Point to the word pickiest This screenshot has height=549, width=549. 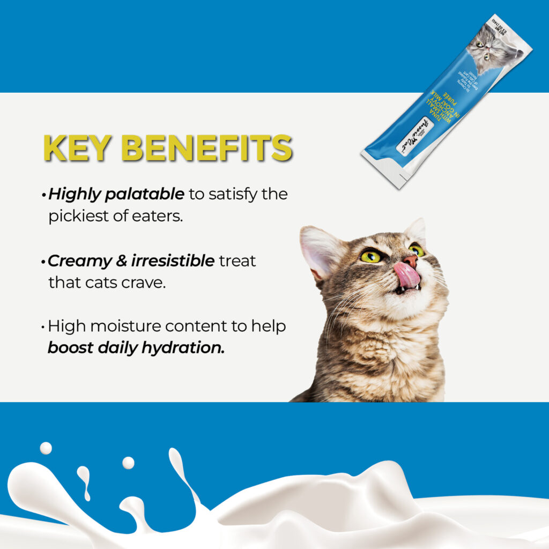coord(83,216)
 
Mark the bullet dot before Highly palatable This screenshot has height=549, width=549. coord(43,195)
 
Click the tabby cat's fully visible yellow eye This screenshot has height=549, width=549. coord(370,256)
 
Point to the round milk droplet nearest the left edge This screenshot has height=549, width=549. coord(46,448)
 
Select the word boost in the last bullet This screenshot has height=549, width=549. coord(70,347)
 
